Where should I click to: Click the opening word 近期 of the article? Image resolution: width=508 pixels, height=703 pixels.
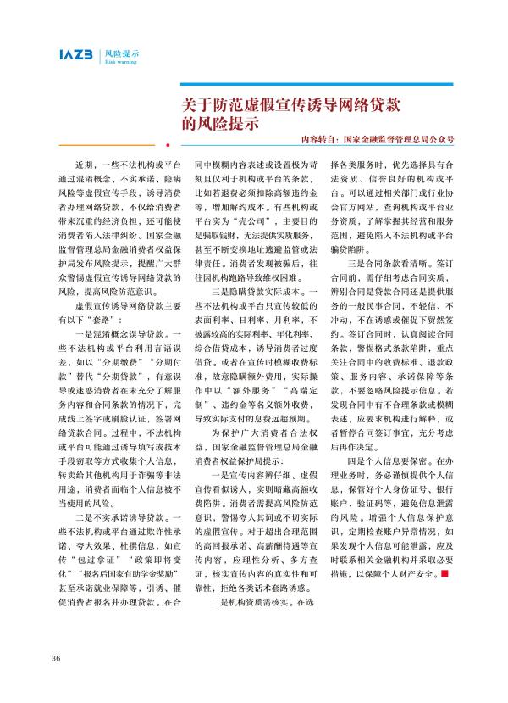(x=83, y=161)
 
